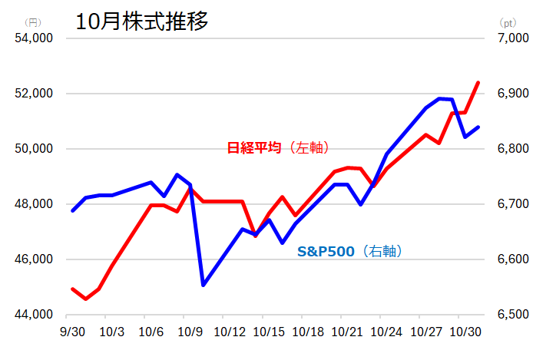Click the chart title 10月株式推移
pyautogui.click(x=142, y=21)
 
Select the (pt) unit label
pyautogui.click(x=506, y=22)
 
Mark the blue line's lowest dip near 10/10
pyautogui.click(x=204, y=285)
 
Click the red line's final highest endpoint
pyautogui.click(x=478, y=82)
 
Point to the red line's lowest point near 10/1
pyautogui.click(x=86, y=299)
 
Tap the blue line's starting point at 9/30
pyautogui.click(x=72, y=210)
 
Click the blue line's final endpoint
pyautogui.click(x=478, y=127)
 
